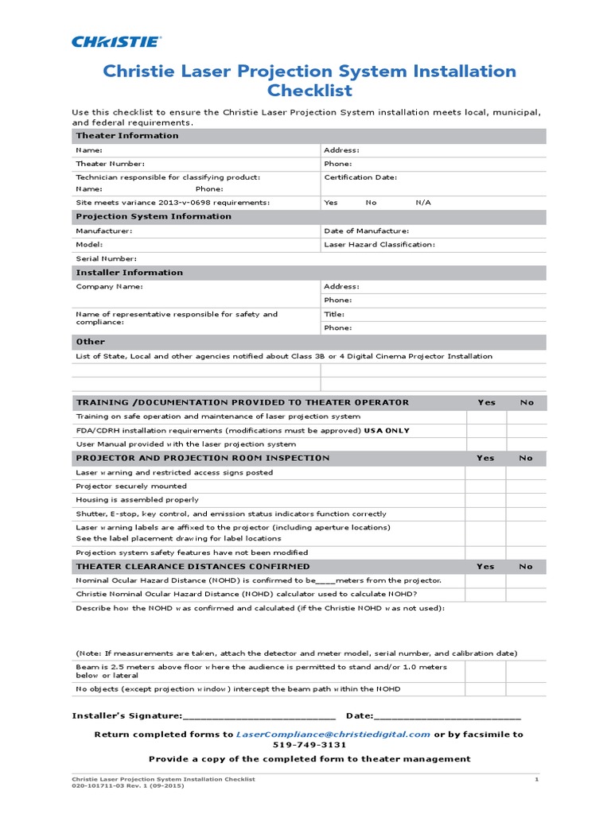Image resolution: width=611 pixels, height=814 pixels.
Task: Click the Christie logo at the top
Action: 116,41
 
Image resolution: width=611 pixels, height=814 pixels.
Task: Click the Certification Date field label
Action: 360,177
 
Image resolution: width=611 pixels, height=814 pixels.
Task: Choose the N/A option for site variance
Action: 423,203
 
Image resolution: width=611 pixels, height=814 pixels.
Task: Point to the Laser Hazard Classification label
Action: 379,245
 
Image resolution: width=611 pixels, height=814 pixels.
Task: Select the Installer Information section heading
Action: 129,273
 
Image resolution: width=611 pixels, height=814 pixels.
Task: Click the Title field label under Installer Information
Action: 334,314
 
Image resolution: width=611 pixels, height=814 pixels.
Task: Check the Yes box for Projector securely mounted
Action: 486,486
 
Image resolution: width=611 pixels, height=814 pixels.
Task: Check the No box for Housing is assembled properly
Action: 527,500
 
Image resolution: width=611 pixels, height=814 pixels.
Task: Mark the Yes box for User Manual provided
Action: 486,444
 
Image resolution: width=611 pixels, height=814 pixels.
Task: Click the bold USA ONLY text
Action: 387,431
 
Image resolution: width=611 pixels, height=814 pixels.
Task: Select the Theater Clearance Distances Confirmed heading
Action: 193,567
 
